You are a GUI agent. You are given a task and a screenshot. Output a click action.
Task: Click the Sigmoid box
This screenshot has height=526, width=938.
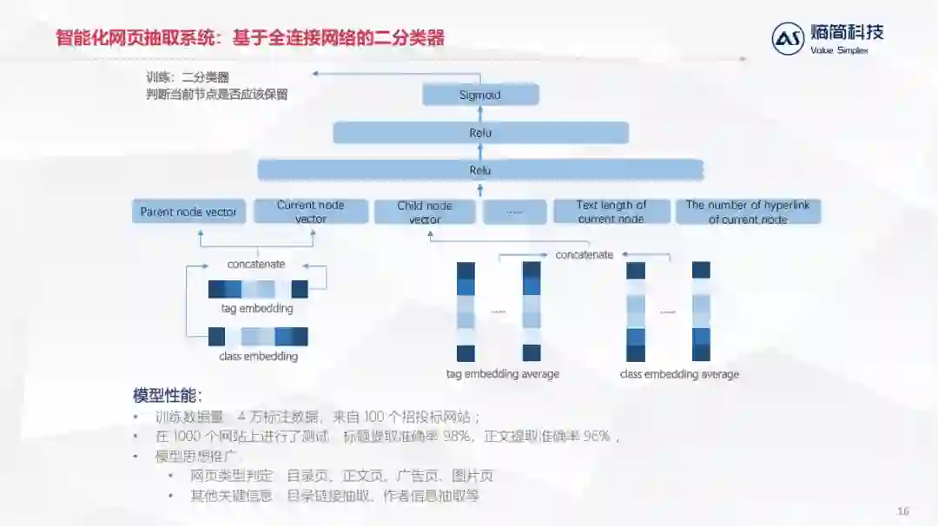pos(480,95)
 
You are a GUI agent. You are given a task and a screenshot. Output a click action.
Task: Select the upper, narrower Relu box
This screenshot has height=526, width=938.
pos(480,133)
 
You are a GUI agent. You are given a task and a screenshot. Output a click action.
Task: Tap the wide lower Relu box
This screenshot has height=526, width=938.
pos(480,170)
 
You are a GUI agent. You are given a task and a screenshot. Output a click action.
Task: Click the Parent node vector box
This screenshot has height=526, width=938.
pos(188,212)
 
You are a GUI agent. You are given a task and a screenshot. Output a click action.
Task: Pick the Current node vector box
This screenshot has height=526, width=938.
pos(310,212)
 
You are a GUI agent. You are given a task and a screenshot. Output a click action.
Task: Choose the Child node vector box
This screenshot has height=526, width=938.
pos(425,212)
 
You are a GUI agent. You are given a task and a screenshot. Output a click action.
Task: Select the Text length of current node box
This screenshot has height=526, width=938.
pos(611,212)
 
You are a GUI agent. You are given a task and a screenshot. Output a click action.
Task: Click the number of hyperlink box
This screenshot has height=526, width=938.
pos(748,212)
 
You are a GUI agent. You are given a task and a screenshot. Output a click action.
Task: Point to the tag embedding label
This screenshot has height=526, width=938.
pos(257,308)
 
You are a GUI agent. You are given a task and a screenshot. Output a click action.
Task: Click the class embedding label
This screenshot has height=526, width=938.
pos(258,356)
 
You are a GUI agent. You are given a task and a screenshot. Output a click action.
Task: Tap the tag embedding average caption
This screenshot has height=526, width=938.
pos(503,374)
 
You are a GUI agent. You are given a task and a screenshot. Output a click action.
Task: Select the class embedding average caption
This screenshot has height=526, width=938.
pos(679,374)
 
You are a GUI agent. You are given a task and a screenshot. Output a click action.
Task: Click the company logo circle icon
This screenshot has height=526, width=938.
pos(788,38)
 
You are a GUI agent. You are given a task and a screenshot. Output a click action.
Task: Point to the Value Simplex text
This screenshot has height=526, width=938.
pos(839,50)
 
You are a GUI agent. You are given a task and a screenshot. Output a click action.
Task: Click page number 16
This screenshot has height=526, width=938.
pos(902,511)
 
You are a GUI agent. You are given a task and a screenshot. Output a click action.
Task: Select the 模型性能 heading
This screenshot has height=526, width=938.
pos(168,395)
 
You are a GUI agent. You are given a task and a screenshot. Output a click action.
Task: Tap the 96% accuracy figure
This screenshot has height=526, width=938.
pos(597,437)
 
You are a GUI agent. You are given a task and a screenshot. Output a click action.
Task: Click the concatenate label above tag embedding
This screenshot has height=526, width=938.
pos(256,264)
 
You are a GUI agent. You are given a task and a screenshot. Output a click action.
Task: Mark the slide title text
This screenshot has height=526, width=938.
pos(250,37)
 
